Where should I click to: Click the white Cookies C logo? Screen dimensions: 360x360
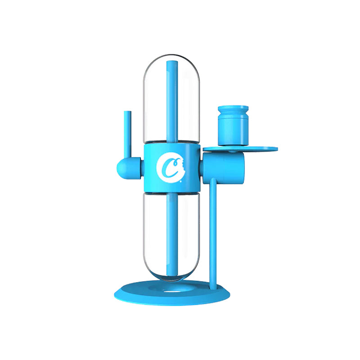168,167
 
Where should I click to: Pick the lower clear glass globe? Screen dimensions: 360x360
155,229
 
